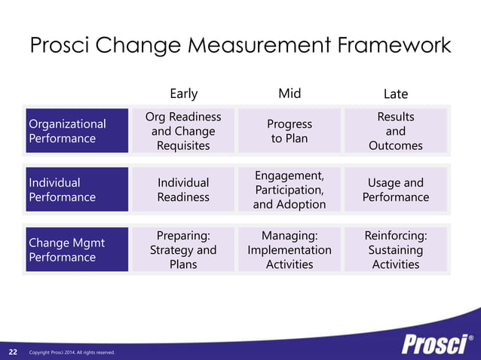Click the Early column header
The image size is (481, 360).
[183, 93]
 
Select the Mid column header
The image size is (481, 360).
[290, 93]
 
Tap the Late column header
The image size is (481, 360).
[396, 94]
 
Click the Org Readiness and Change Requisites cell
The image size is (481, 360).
[183, 131]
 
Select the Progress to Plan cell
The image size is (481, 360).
[290, 131]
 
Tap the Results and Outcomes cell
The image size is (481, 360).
[396, 131]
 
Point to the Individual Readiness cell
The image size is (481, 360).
[183, 190]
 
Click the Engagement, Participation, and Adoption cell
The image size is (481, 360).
[290, 190]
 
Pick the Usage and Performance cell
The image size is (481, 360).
[396, 190]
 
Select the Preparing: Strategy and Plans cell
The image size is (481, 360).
[183, 250]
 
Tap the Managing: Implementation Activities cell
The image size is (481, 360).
[290, 250]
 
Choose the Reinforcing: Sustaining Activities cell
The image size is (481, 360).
[396, 250]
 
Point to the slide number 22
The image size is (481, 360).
[13, 352]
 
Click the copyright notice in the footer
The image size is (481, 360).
[72, 352]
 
